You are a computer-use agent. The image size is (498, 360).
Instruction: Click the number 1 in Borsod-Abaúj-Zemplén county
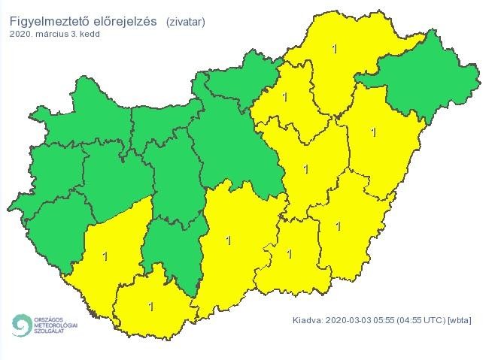pyautogui.click(x=336, y=50)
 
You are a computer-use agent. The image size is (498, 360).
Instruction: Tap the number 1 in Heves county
pyautogui.click(x=284, y=97)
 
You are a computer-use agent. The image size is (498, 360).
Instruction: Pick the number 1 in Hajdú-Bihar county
pyautogui.click(x=374, y=132)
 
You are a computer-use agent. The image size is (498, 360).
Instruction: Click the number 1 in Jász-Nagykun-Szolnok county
pyautogui.click(x=305, y=169)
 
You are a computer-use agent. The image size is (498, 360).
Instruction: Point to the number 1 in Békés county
pyautogui.click(x=338, y=225)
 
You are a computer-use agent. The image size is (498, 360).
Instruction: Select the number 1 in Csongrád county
pyautogui.click(x=290, y=254)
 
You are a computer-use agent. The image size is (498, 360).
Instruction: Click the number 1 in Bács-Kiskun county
pyautogui.click(x=229, y=241)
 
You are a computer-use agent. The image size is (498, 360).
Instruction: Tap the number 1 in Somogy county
pyautogui.click(x=105, y=256)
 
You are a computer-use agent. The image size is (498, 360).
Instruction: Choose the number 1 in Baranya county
pyautogui.click(x=151, y=306)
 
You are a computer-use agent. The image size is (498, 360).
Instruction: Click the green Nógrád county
pyautogui.click(x=237, y=83)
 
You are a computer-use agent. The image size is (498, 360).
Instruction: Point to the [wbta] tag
pyautogui.click(x=459, y=321)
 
